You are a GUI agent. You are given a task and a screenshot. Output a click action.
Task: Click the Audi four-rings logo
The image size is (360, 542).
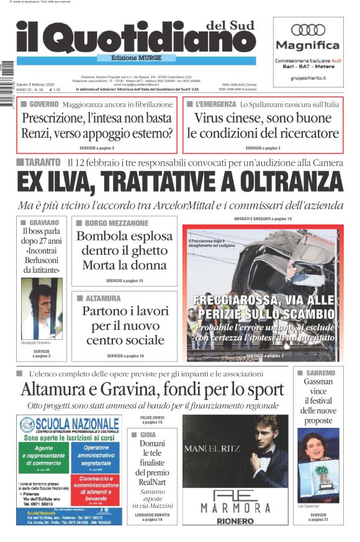[x=308, y=29]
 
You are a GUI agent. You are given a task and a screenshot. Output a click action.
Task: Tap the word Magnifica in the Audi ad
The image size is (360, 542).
[x=308, y=45]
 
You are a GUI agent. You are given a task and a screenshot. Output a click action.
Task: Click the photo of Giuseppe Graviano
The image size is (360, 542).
[x=42, y=308]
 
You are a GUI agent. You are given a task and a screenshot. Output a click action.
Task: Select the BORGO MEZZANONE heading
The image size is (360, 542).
[x=112, y=223]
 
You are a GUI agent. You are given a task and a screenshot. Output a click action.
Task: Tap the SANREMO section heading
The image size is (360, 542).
[x=320, y=373]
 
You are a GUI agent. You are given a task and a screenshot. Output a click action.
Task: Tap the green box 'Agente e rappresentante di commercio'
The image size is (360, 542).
[x=45, y=456]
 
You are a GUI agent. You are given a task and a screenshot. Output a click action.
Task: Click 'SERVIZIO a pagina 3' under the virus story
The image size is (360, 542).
[x=263, y=148]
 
